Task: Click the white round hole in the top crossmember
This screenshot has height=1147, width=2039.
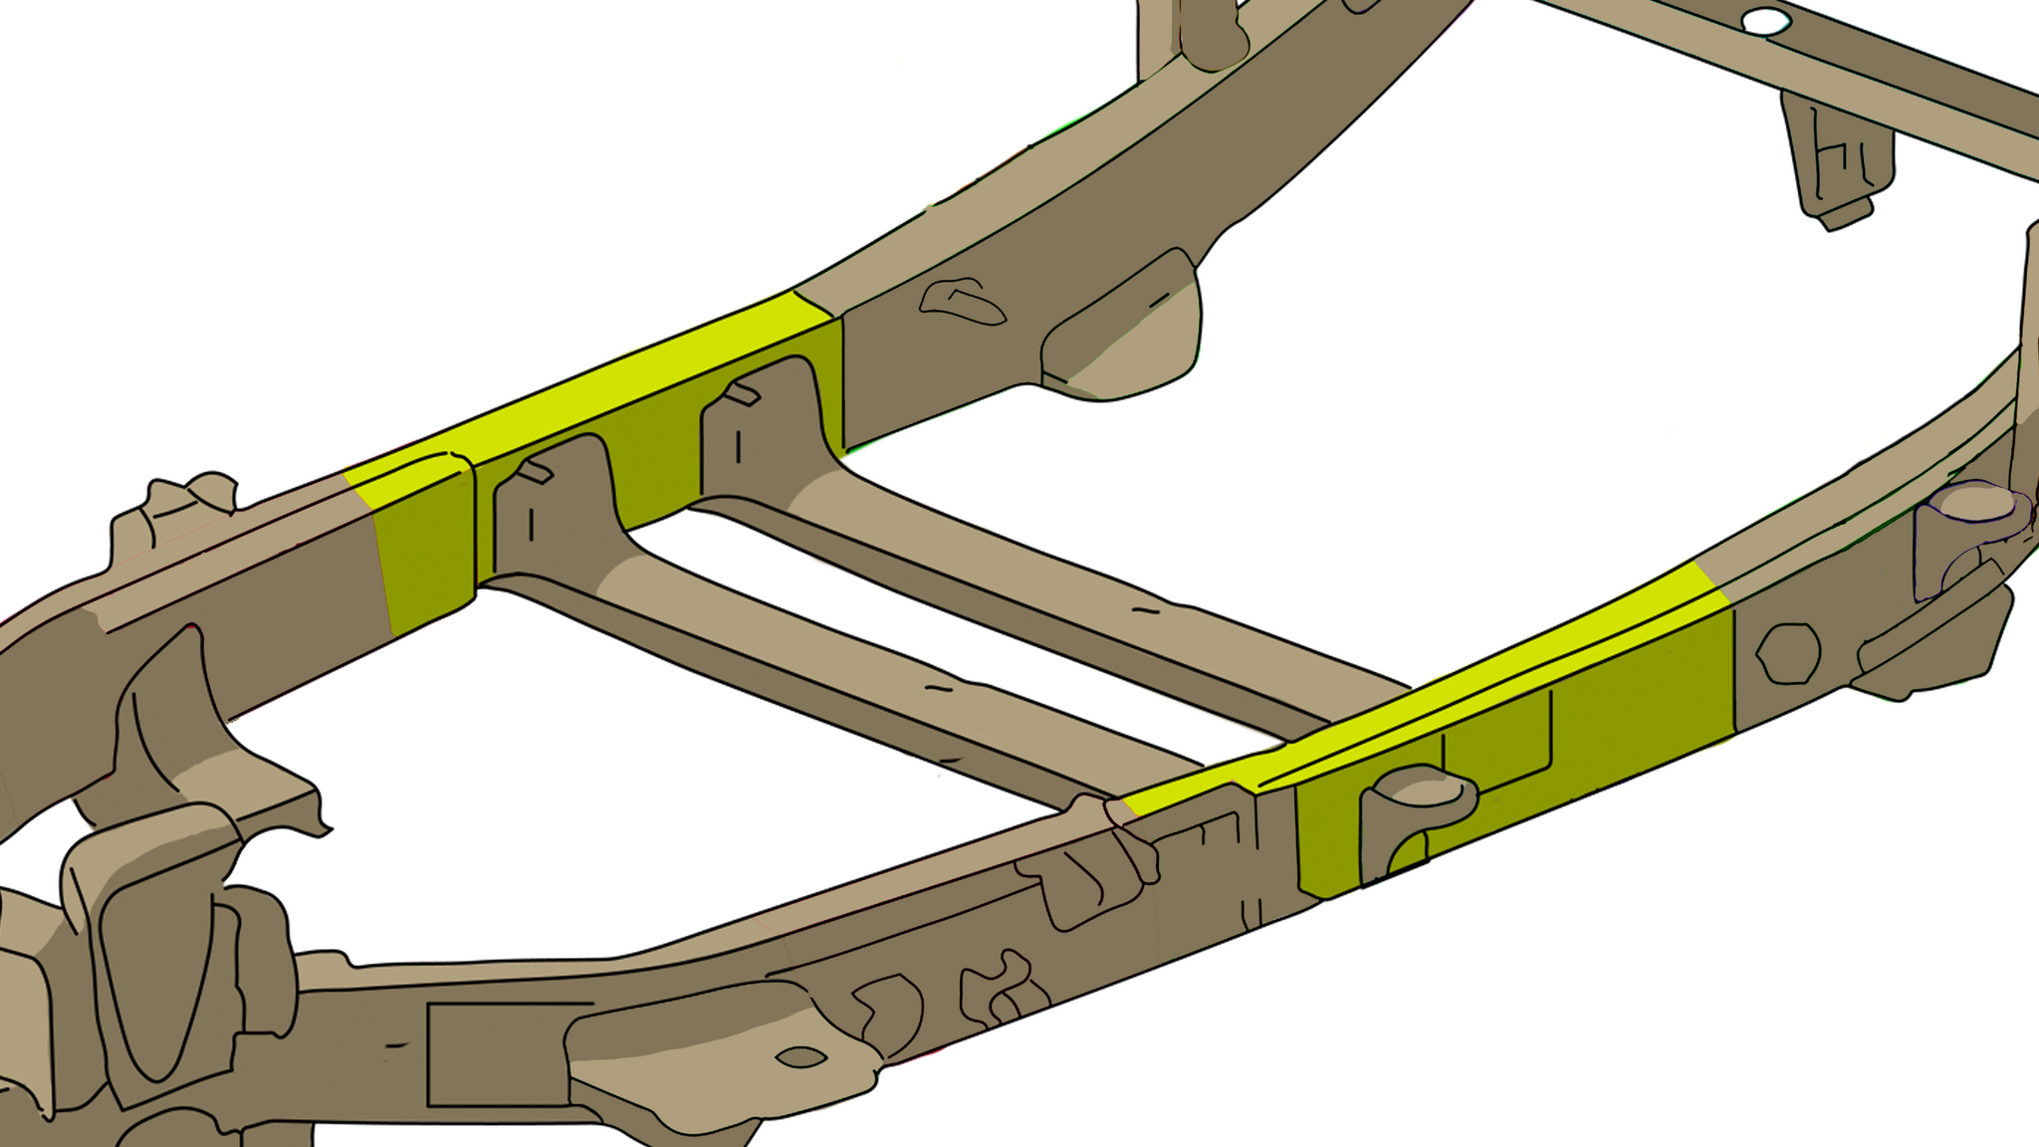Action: pyautogui.click(x=1765, y=20)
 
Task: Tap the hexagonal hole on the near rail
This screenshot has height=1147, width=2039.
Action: pyautogui.click(x=1788, y=653)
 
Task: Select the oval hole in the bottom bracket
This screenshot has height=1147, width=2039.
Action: pyautogui.click(x=799, y=1056)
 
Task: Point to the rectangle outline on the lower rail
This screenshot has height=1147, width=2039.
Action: pyautogui.click(x=498, y=1055)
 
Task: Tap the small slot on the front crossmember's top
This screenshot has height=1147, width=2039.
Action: pyautogui.click(x=938, y=687)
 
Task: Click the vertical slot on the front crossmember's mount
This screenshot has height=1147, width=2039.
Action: pyautogui.click(x=531, y=524)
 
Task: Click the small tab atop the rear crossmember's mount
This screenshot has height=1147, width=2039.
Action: pyautogui.click(x=742, y=394)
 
